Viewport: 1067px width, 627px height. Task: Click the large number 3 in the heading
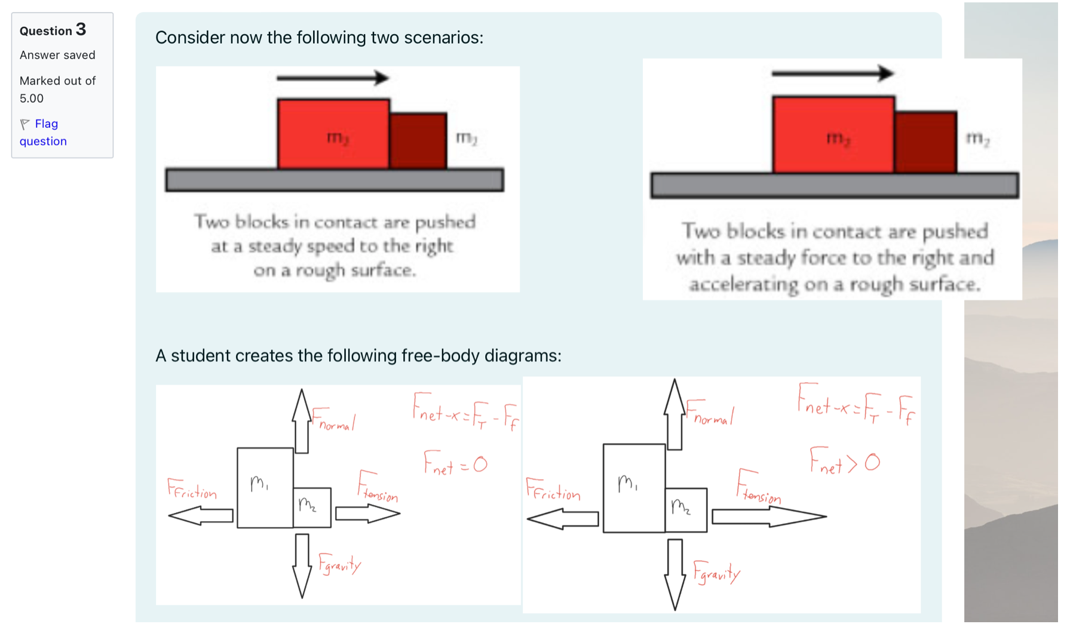81,29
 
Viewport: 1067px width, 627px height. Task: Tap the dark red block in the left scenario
418,141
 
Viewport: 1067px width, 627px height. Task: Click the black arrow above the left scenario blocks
332,78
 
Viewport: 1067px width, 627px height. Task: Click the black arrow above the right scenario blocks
832,74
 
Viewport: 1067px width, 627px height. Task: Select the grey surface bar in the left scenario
335,180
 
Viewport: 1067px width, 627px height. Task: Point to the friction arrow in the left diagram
201,515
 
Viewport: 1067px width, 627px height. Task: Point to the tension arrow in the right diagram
768,517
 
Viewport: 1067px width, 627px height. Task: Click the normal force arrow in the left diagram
302,421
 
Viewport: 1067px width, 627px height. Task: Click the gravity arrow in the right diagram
675,573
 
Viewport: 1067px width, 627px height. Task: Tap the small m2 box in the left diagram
312,508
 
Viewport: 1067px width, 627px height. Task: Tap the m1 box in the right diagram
633,488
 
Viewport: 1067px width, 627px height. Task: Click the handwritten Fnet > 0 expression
844,461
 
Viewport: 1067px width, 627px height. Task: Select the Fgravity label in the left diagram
339,564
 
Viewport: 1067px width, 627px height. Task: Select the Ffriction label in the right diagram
553,490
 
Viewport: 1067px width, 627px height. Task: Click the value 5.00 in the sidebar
32,98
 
